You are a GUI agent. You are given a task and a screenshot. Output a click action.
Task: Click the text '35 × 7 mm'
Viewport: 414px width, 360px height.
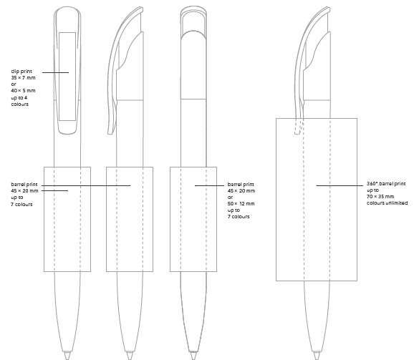[x=23, y=77]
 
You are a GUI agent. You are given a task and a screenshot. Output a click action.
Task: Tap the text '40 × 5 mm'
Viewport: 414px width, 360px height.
[x=23, y=90]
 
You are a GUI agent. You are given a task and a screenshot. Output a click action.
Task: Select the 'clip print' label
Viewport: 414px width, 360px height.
[x=21, y=71]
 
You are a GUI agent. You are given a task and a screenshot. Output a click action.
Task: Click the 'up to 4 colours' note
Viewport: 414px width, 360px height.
[x=20, y=101]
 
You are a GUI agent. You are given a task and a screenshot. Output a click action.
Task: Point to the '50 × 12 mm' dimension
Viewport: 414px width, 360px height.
[x=241, y=203]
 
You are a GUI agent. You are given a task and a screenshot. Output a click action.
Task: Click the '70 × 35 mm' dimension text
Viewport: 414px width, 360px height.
[x=380, y=197]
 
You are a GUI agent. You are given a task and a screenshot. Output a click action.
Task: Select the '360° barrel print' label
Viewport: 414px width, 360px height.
[x=386, y=183]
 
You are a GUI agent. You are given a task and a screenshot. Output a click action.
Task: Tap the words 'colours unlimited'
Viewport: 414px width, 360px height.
[x=387, y=203]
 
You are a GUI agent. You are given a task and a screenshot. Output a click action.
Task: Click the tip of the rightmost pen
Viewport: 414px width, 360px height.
[x=317, y=358]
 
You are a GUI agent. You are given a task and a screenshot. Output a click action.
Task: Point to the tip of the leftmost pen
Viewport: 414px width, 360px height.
[x=67, y=358]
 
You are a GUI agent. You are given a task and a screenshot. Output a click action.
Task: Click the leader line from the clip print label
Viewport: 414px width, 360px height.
[x=55, y=72]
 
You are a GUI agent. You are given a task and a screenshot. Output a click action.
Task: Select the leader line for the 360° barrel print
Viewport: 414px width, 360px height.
[x=340, y=185]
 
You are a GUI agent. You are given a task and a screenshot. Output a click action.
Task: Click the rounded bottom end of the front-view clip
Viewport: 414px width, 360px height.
[x=67, y=132]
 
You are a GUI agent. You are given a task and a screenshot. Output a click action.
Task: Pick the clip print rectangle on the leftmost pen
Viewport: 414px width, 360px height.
[x=67, y=77]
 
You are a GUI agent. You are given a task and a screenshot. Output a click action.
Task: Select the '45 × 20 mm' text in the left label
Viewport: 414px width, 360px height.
[x=24, y=190]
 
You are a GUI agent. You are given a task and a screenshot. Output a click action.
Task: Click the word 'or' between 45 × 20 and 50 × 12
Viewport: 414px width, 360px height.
[x=230, y=198]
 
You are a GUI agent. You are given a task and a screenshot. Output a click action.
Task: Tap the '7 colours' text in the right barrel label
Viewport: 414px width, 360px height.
[x=239, y=217]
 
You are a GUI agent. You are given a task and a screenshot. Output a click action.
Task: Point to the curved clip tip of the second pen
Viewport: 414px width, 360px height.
[x=111, y=132]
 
